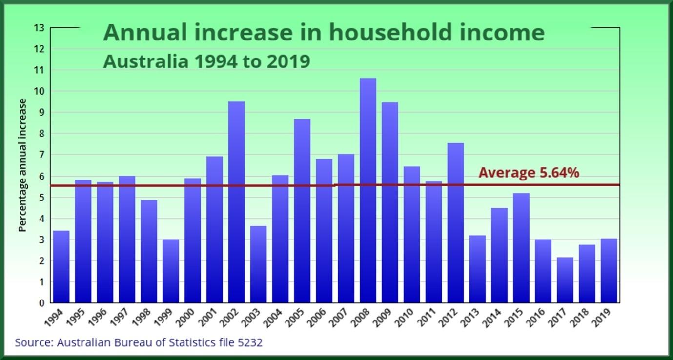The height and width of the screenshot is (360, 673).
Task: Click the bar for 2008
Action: click(x=367, y=190)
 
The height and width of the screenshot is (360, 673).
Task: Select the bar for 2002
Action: click(x=236, y=202)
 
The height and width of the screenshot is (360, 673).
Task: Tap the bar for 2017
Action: click(x=565, y=280)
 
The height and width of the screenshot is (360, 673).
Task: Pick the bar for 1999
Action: click(x=171, y=271)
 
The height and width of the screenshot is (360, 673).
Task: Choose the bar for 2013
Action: click(x=477, y=269)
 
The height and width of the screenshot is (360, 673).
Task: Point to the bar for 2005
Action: click(x=302, y=211)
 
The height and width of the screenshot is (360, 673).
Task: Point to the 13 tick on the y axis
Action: click(x=39, y=28)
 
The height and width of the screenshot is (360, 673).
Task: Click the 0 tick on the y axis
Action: click(x=41, y=303)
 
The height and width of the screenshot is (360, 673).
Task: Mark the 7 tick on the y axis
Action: click(x=41, y=155)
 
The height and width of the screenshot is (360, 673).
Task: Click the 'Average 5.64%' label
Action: click(x=529, y=173)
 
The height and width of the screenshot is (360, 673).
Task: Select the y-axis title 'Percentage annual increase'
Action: click(x=22, y=165)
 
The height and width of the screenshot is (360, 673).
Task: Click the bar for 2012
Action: click(x=455, y=223)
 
